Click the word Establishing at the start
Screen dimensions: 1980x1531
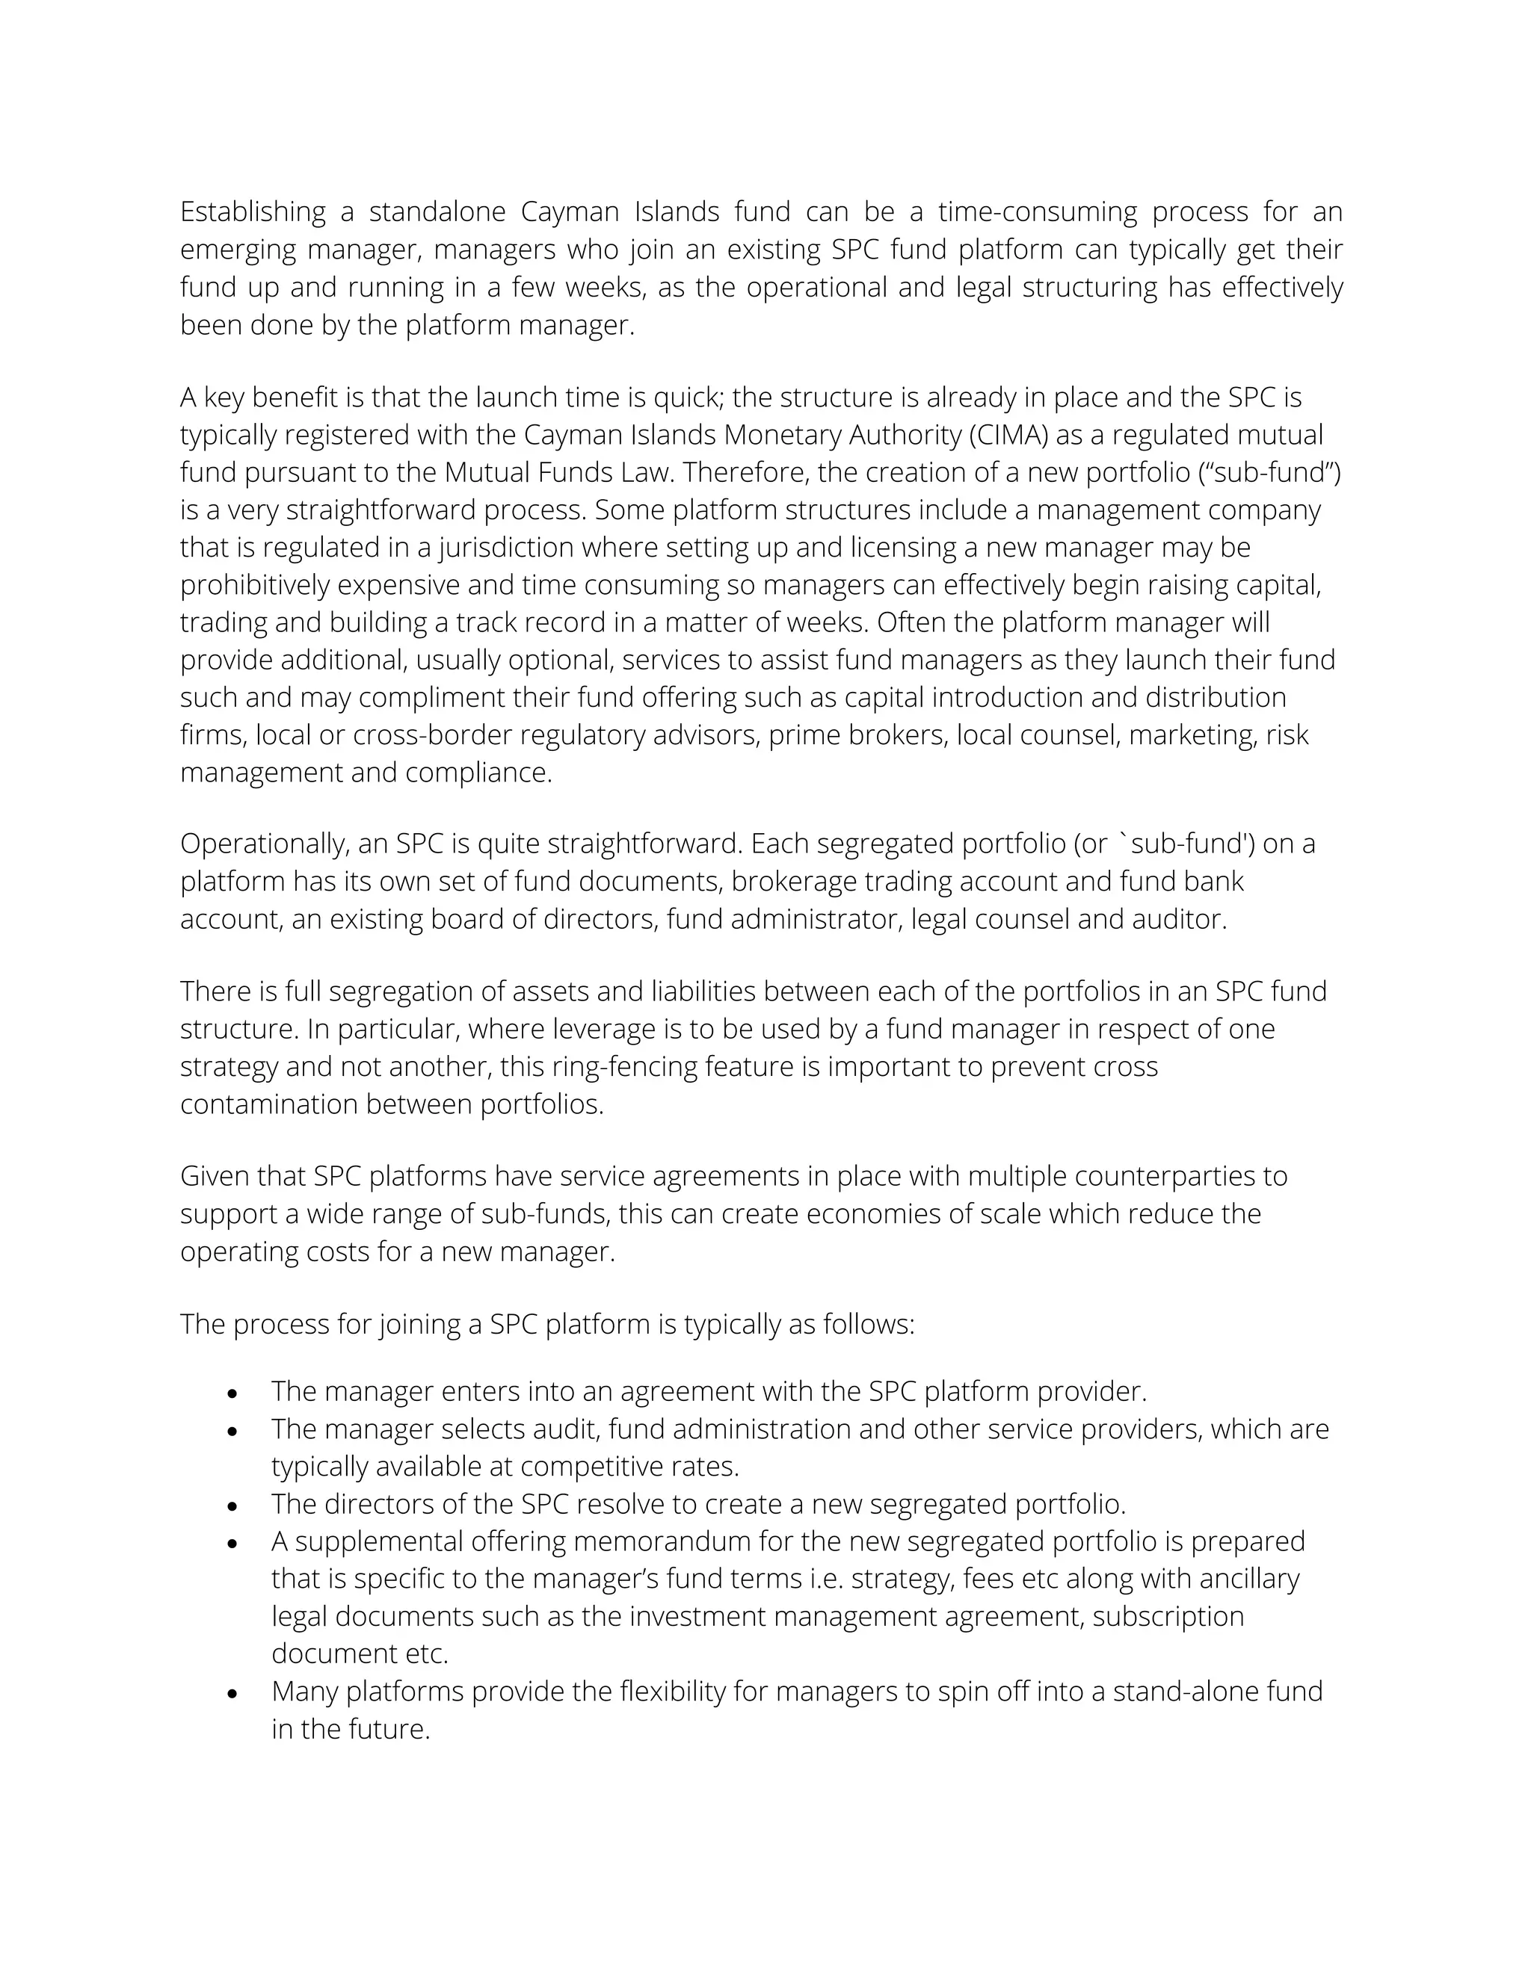[x=253, y=212]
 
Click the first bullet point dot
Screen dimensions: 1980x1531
[x=233, y=1393]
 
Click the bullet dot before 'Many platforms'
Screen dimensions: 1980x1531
[x=233, y=1692]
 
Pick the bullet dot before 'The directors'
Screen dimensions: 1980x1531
[x=233, y=1506]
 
